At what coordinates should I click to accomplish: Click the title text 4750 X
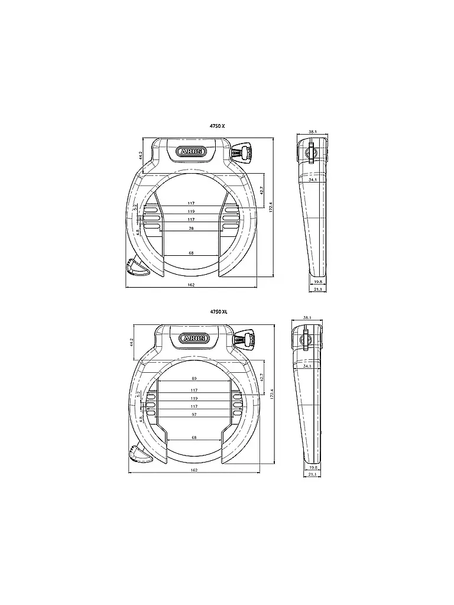pos(218,126)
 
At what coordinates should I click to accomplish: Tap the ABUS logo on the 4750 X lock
pos(192,152)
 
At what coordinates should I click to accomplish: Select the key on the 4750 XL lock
pos(244,339)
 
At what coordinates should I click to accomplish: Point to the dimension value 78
pos(191,228)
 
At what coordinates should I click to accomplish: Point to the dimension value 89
pos(194,379)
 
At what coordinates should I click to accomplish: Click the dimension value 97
pos(194,415)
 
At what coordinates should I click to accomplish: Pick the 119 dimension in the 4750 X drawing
pos(191,212)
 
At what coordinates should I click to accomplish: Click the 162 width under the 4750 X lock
pos(191,285)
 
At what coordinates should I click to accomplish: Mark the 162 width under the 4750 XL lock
pos(194,470)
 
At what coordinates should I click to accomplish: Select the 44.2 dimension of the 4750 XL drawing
pos(132,341)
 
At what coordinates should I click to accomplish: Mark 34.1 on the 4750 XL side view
pos(307,366)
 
